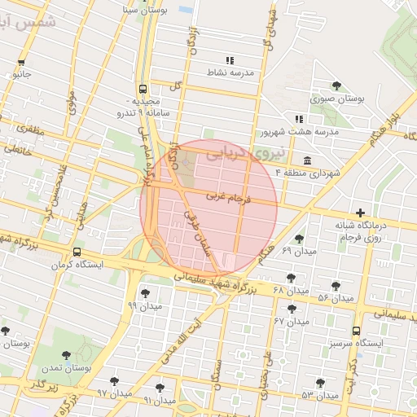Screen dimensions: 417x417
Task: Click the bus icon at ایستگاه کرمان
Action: (x=77, y=252)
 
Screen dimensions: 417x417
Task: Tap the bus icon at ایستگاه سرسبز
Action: (x=356, y=331)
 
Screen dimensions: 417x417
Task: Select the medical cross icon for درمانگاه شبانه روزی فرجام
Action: (x=361, y=213)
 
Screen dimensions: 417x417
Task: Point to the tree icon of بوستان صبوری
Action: (x=336, y=86)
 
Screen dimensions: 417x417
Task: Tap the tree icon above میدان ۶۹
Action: (x=299, y=239)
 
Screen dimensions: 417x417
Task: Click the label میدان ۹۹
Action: (x=146, y=305)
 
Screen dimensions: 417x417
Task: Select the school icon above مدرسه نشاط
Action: (x=230, y=60)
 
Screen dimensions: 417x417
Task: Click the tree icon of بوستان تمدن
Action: (x=66, y=354)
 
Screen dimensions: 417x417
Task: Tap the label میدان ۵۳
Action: (x=319, y=395)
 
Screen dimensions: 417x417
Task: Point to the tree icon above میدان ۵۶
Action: (x=336, y=285)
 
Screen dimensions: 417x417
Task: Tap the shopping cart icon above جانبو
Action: (x=21, y=62)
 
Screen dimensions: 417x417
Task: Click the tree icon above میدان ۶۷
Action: (x=292, y=309)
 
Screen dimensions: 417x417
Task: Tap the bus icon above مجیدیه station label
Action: (x=143, y=89)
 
